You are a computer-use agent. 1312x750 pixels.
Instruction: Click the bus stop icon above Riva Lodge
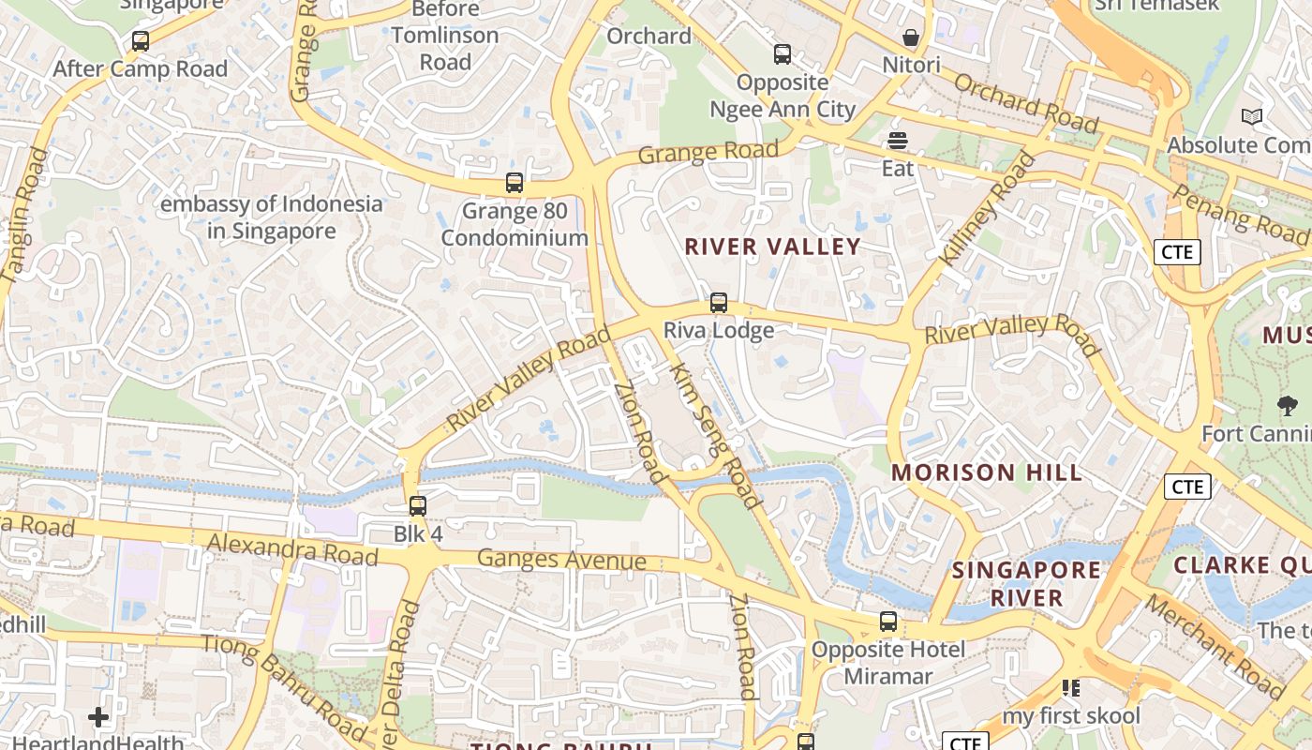pos(719,303)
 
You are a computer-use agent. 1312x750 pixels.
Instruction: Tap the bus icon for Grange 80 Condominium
pos(514,183)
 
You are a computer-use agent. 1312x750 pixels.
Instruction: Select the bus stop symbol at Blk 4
pos(418,506)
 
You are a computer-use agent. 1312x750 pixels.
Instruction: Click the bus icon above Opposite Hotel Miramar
pos(887,622)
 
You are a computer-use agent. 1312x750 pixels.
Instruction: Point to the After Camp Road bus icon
pos(141,41)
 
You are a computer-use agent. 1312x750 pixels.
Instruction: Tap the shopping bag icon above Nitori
pos(910,37)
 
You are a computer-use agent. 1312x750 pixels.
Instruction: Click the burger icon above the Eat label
pos(898,141)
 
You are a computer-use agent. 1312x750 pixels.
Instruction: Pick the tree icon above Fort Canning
pos(1288,406)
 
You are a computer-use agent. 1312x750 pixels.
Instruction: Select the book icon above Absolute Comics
pos(1252,117)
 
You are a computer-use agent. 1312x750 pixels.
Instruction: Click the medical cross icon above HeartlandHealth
pos(98,718)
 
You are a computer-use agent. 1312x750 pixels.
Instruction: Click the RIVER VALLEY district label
pos(772,247)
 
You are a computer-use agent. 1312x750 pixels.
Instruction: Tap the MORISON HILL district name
pos(987,472)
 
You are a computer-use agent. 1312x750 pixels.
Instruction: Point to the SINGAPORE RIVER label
pos(1027,583)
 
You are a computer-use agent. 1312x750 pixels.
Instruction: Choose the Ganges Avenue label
pos(561,560)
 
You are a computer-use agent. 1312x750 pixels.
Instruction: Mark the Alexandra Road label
pos(292,549)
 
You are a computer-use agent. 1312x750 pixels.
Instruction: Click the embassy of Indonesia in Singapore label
pos(272,217)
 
